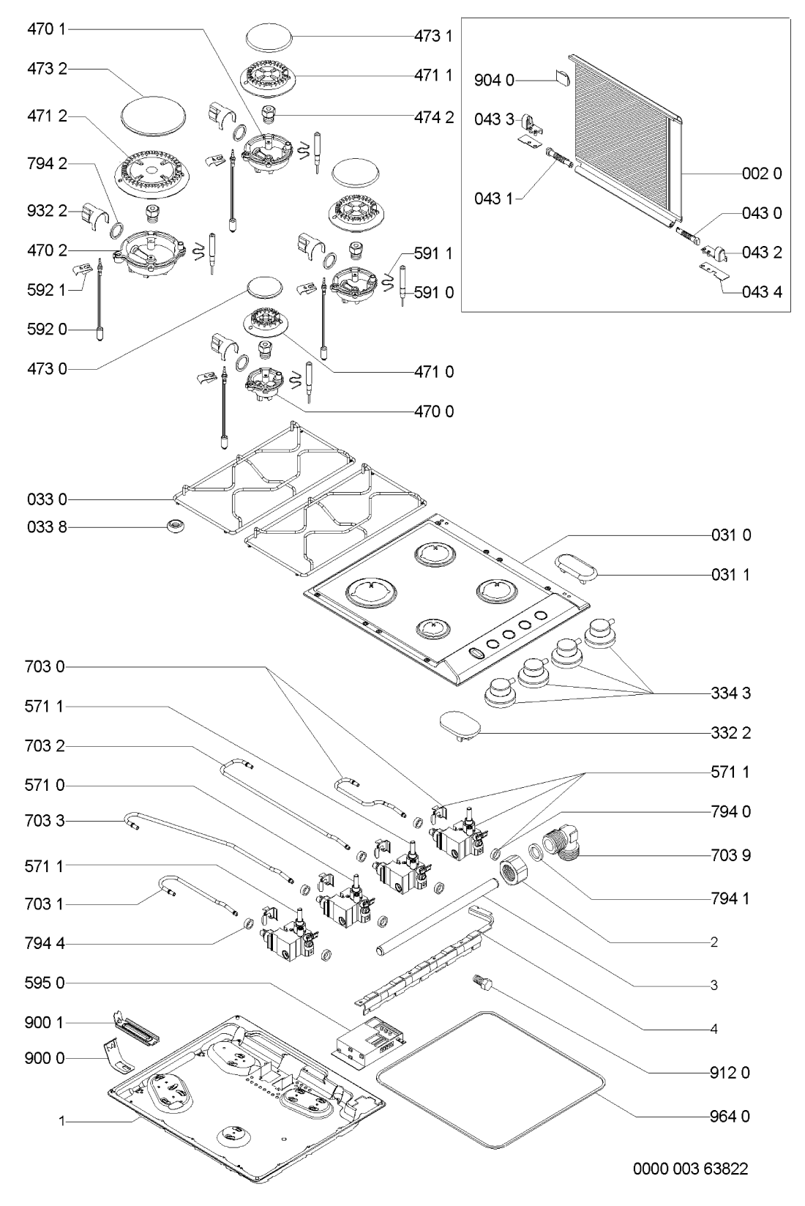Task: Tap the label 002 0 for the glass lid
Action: pyautogui.click(x=766, y=174)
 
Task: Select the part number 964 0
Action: pyautogui.click(x=730, y=1117)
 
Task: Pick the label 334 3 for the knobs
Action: pyautogui.click(x=730, y=693)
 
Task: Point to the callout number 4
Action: pyautogui.click(x=714, y=1029)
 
